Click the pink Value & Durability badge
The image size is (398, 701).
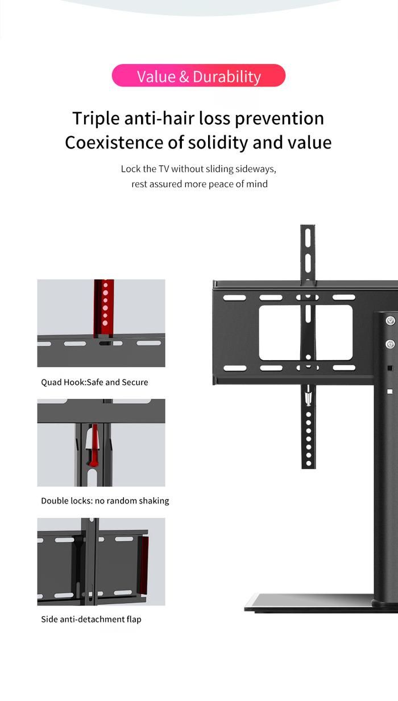point(198,76)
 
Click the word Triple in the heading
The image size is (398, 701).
point(96,118)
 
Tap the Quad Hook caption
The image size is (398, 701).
point(94,382)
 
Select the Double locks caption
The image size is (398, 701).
point(105,501)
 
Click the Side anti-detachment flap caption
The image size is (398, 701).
point(91,619)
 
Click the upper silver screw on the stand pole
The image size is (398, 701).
point(390,321)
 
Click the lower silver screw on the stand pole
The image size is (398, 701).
point(390,344)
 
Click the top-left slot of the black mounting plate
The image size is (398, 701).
point(234,298)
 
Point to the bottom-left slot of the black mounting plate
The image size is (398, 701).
point(234,368)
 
